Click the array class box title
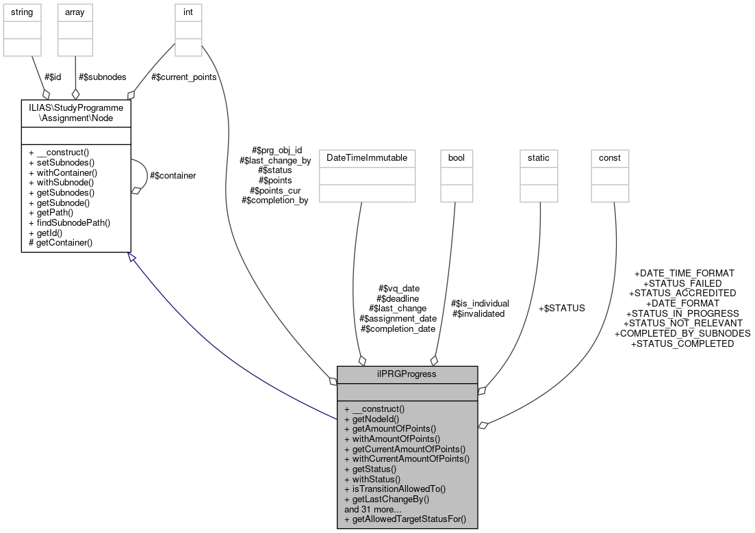click(x=75, y=12)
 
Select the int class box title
click(x=188, y=12)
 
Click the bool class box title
click(x=457, y=157)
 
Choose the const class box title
click(x=609, y=157)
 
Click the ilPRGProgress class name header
click(x=407, y=374)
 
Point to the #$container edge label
click(x=172, y=176)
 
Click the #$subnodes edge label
click(x=103, y=77)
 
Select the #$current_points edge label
click(x=183, y=77)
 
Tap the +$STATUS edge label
click(x=561, y=308)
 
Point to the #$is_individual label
click(x=480, y=303)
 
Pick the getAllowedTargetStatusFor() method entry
click(x=405, y=519)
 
